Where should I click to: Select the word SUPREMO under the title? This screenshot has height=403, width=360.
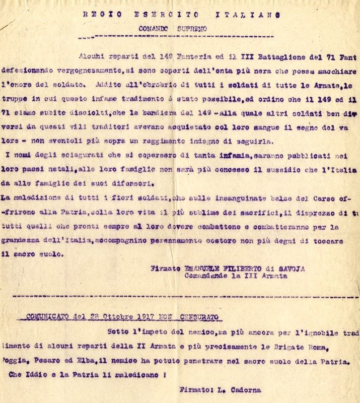(191, 29)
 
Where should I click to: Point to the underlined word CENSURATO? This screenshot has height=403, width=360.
(197, 317)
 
